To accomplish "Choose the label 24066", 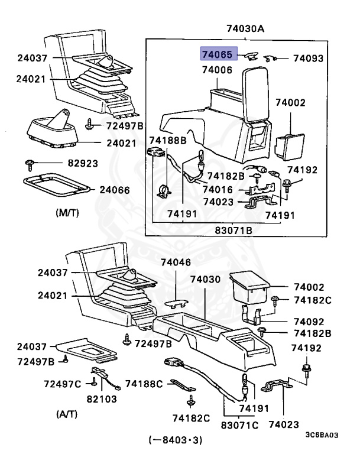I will [115, 190].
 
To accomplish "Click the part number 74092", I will [309, 322].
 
